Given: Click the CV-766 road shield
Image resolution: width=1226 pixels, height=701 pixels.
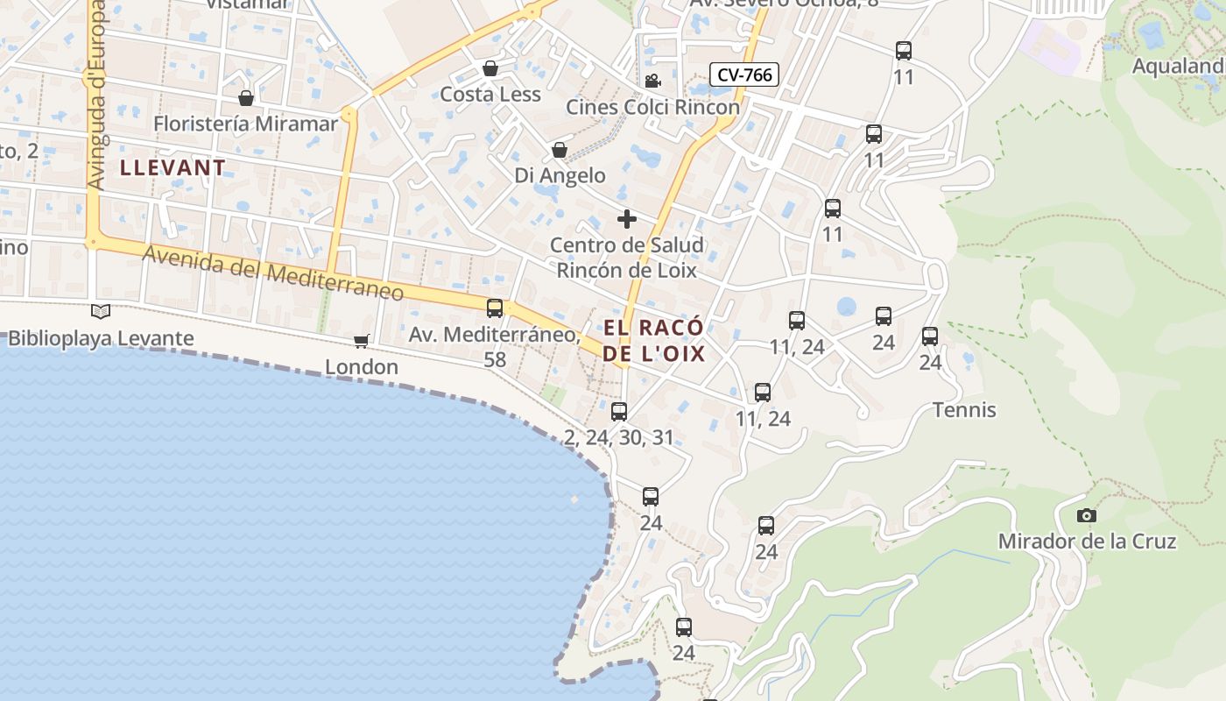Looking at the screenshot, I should point(744,74).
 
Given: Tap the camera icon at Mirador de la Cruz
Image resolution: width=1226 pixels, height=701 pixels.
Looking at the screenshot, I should point(1087,515).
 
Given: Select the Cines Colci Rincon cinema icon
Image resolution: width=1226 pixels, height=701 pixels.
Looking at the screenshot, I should point(652,81).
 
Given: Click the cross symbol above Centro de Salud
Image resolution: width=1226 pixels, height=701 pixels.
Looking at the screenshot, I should point(627,218).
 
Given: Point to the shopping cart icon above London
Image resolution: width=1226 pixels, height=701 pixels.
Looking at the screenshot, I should point(362,340).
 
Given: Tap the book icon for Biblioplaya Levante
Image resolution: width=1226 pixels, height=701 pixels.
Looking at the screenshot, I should point(102,311).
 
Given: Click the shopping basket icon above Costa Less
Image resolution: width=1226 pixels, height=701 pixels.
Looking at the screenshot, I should point(490,68).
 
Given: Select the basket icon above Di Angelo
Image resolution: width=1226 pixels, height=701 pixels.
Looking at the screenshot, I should point(560,150).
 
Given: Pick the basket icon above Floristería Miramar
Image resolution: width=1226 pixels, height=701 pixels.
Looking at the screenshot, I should point(246,97).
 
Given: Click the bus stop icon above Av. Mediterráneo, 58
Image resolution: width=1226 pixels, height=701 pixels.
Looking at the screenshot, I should point(495,308).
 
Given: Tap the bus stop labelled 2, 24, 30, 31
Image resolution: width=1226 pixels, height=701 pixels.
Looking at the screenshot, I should point(619,411).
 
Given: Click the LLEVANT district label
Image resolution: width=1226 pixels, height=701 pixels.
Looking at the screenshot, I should point(173,167).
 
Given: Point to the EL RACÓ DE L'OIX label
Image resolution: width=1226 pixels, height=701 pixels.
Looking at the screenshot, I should point(654,341).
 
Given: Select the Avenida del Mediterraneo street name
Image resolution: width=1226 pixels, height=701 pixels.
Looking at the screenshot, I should point(272,273).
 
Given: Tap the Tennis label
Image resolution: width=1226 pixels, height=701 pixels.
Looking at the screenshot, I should point(964,409).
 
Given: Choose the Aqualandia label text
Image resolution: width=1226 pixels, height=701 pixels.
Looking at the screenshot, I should point(1179,67).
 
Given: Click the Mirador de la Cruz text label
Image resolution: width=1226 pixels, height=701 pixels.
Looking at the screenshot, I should point(1087,542).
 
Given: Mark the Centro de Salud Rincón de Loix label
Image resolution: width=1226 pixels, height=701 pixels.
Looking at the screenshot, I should point(627,258).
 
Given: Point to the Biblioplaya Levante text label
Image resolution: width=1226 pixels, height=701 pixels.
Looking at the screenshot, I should point(101,338).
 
